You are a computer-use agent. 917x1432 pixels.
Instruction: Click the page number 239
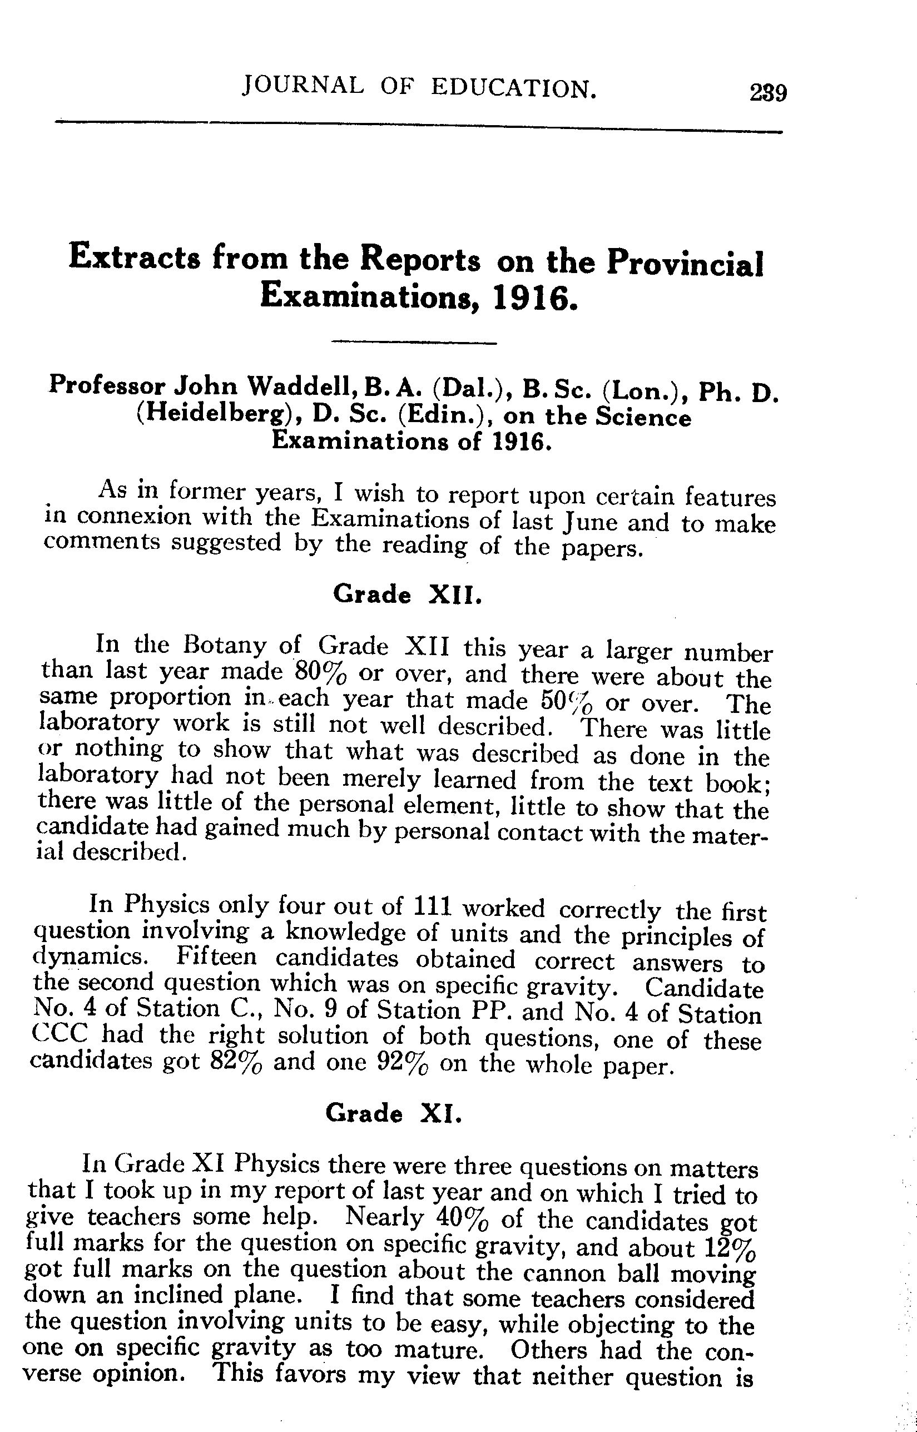(x=767, y=93)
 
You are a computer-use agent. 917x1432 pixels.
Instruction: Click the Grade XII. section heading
(x=407, y=594)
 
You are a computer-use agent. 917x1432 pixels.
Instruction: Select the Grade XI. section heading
(x=394, y=1112)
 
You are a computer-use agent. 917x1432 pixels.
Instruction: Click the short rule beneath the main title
(x=413, y=343)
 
